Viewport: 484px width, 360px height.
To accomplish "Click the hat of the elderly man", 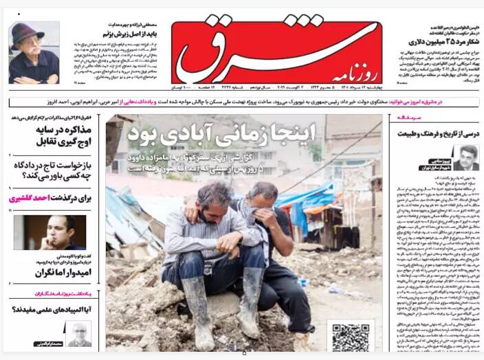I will (27, 33).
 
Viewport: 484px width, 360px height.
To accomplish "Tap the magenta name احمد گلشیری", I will (29, 199).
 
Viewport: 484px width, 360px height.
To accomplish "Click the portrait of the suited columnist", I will (467, 157).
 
